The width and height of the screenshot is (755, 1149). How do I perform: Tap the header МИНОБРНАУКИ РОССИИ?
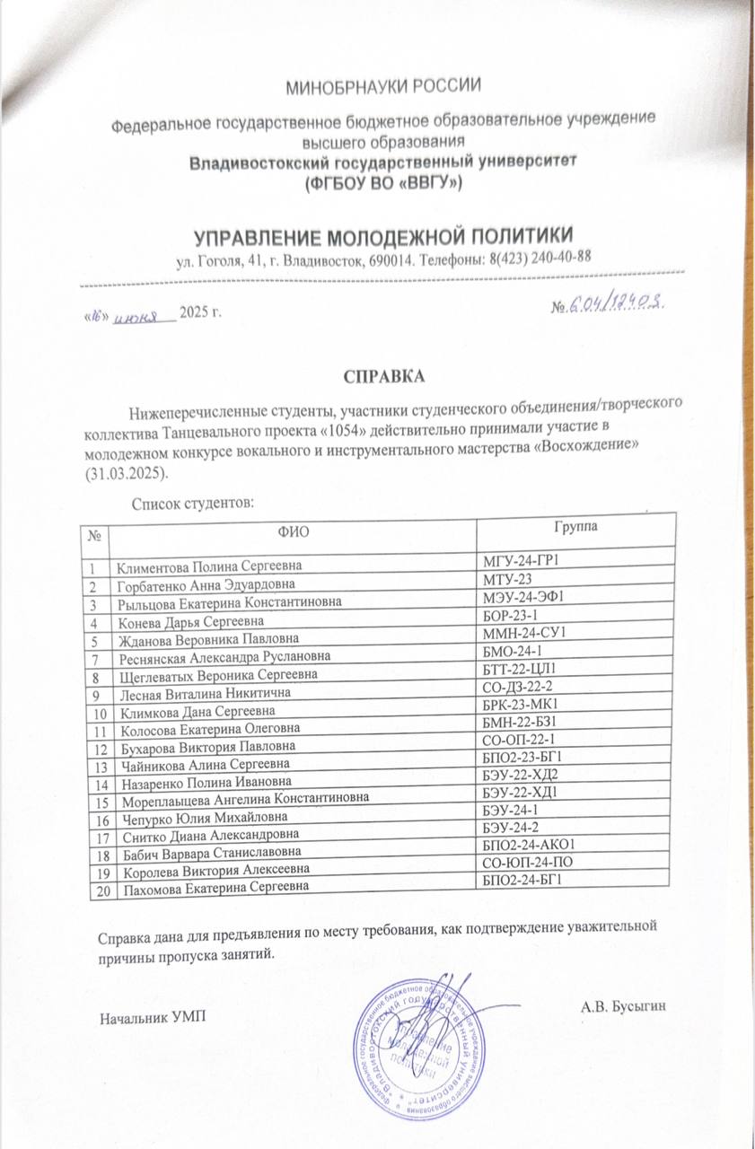point(384,86)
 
